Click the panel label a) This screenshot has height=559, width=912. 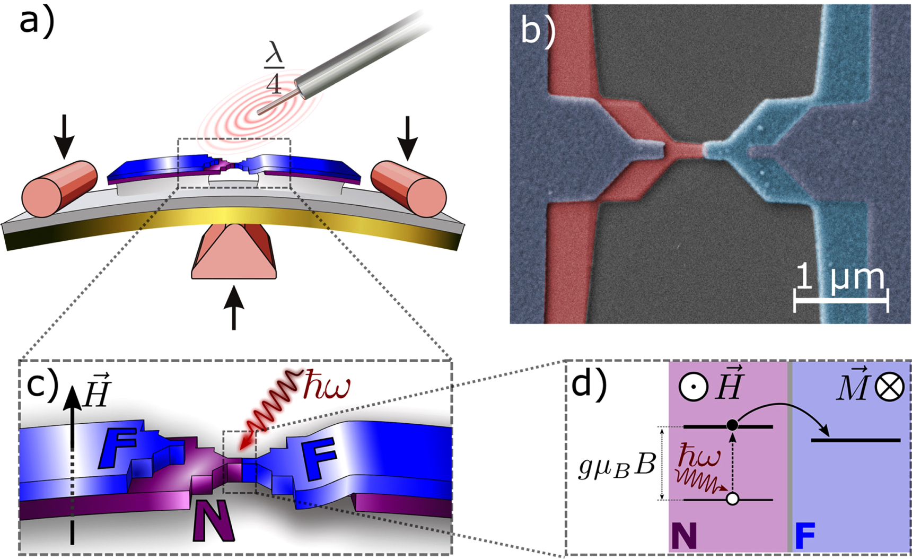37,22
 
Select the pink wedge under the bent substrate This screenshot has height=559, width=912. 234,254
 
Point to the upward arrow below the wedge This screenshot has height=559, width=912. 234,307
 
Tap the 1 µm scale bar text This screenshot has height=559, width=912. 840,277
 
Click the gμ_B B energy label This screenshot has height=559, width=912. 617,467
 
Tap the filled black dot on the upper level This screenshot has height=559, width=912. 732,425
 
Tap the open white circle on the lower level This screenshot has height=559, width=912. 732,499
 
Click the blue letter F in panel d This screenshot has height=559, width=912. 805,536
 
